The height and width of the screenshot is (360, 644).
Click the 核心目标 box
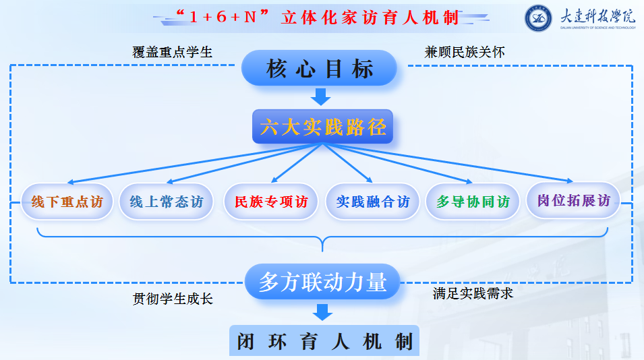(x=319, y=68)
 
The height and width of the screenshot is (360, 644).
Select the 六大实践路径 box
(x=323, y=127)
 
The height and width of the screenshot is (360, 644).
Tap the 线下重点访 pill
(x=67, y=202)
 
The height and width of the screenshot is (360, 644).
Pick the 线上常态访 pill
(x=167, y=202)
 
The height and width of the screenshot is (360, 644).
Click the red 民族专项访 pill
(x=271, y=202)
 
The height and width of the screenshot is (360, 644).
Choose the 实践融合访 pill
(x=372, y=202)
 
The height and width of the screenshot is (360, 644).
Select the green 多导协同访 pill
(x=473, y=202)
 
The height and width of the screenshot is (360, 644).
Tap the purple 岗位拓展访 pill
(x=573, y=200)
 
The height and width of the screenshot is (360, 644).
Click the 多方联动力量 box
(x=322, y=282)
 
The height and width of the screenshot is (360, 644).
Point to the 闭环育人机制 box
(x=324, y=340)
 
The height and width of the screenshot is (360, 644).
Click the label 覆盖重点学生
(x=172, y=52)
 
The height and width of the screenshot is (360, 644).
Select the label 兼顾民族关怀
(x=465, y=52)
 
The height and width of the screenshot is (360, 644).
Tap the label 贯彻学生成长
(x=173, y=299)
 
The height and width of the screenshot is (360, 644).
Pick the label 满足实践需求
(x=473, y=293)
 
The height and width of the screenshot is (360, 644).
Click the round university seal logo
(x=538, y=18)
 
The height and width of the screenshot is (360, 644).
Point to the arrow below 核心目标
(x=320, y=96)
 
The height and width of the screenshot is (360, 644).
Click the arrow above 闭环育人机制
(x=322, y=312)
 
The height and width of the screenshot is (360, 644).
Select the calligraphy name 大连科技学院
(x=597, y=16)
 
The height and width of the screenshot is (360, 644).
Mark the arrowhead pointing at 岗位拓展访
(x=570, y=181)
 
